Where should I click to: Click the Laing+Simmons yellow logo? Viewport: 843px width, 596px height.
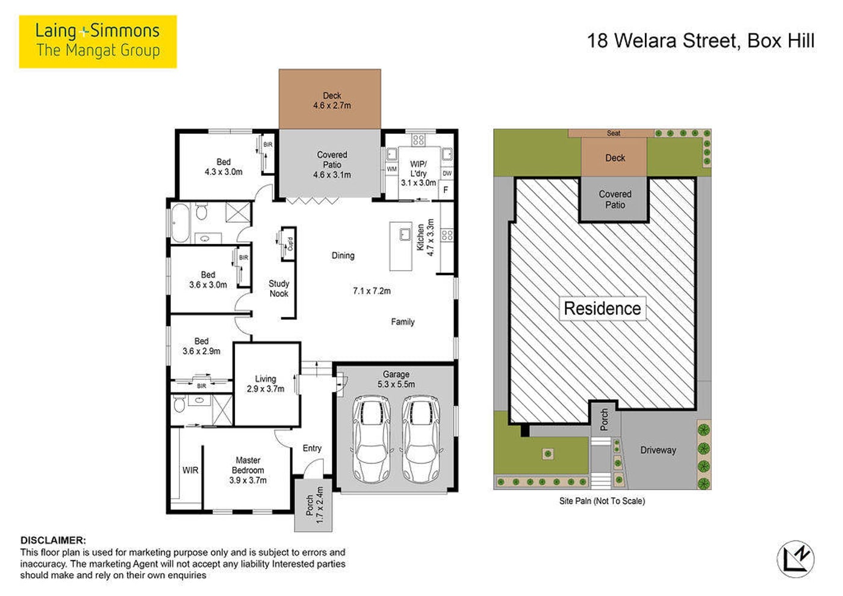(98, 42)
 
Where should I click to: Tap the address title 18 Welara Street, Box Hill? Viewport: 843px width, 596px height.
(701, 41)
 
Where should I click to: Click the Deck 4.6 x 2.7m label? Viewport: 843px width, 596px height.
(332, 101)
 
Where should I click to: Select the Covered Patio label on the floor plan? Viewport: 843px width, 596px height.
(332, 164)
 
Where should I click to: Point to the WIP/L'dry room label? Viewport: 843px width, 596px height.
(418, 173)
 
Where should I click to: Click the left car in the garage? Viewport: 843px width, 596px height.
(372, 439)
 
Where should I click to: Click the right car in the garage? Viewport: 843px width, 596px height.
(421, 439)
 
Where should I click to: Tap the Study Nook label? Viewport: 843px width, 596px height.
(279, 288)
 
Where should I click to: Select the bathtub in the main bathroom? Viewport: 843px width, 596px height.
(181, 223)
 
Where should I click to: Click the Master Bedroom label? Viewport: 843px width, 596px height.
(248, 470)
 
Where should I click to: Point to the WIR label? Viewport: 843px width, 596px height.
(190, 470)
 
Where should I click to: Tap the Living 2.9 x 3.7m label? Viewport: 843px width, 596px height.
(266, 384)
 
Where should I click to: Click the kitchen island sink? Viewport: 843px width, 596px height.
(405, 234)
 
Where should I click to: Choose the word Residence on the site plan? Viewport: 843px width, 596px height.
(603, 308)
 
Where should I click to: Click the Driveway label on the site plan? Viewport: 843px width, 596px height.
(658, 450)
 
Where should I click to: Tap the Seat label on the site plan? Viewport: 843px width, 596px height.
(614, 133)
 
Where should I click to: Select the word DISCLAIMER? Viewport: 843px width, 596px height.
(53, 541)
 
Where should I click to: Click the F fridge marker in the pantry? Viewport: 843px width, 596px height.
(446, 190)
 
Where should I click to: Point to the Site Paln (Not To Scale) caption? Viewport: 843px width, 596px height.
(602, 501)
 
